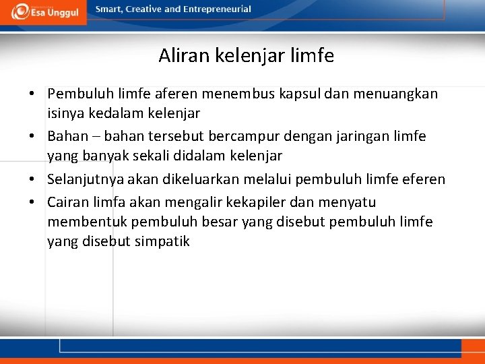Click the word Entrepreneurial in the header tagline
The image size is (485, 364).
pos(217,9)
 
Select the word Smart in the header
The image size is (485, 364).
pos(109,9)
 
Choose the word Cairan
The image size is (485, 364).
pos(71,202)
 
